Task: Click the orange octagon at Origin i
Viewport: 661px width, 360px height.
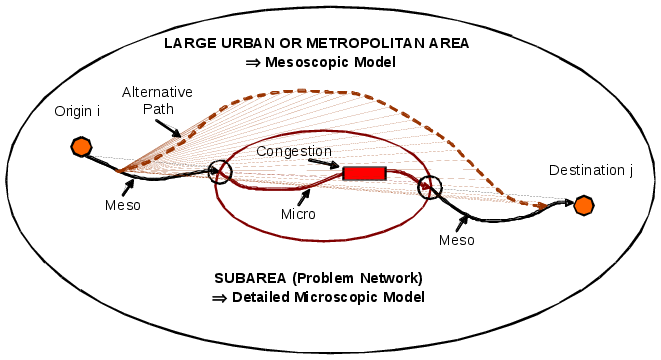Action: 82,147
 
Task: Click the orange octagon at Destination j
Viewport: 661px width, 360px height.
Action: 584,205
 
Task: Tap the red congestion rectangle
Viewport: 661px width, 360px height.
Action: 364,173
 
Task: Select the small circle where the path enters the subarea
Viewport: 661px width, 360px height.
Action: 219,172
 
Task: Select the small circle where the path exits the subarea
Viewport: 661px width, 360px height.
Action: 430,187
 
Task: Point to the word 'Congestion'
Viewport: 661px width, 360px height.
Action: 293,151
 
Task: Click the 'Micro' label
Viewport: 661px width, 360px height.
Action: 298,214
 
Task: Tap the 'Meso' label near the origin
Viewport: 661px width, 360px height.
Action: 122,206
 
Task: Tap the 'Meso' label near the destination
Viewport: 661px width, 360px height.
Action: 456,240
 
